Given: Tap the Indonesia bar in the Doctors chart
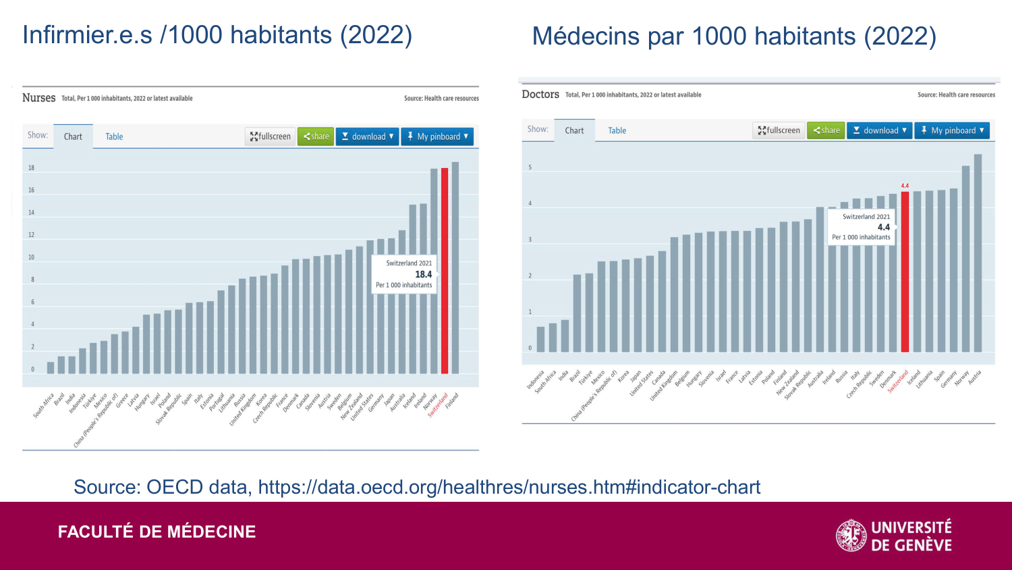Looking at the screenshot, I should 540,339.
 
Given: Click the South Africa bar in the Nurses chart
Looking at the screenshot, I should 51,368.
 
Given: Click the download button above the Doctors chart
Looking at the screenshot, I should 879,130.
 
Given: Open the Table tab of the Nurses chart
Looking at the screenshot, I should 114,136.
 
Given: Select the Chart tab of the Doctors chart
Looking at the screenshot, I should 574,130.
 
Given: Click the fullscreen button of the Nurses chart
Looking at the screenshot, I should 270,136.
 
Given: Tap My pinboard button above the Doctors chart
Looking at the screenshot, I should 953,130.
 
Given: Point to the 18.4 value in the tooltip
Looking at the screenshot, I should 423,274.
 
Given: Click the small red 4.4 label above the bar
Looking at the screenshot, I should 905,186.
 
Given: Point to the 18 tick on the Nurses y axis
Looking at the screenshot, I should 31,168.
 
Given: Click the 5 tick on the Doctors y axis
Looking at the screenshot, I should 530,167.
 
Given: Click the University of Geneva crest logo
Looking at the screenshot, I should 851,536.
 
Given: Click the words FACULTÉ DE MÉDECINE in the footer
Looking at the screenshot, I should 157,532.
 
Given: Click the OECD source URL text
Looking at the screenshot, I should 509,487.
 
